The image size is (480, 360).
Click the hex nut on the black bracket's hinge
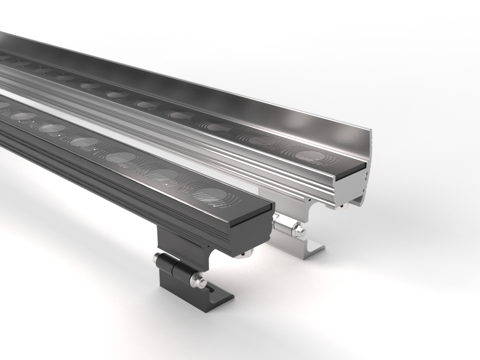(x=197, y=280)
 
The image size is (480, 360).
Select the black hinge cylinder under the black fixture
(x=173, y=267)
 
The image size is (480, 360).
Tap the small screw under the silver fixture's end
(x=342, y=205)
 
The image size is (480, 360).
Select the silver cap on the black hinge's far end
(x=156, y=257)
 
